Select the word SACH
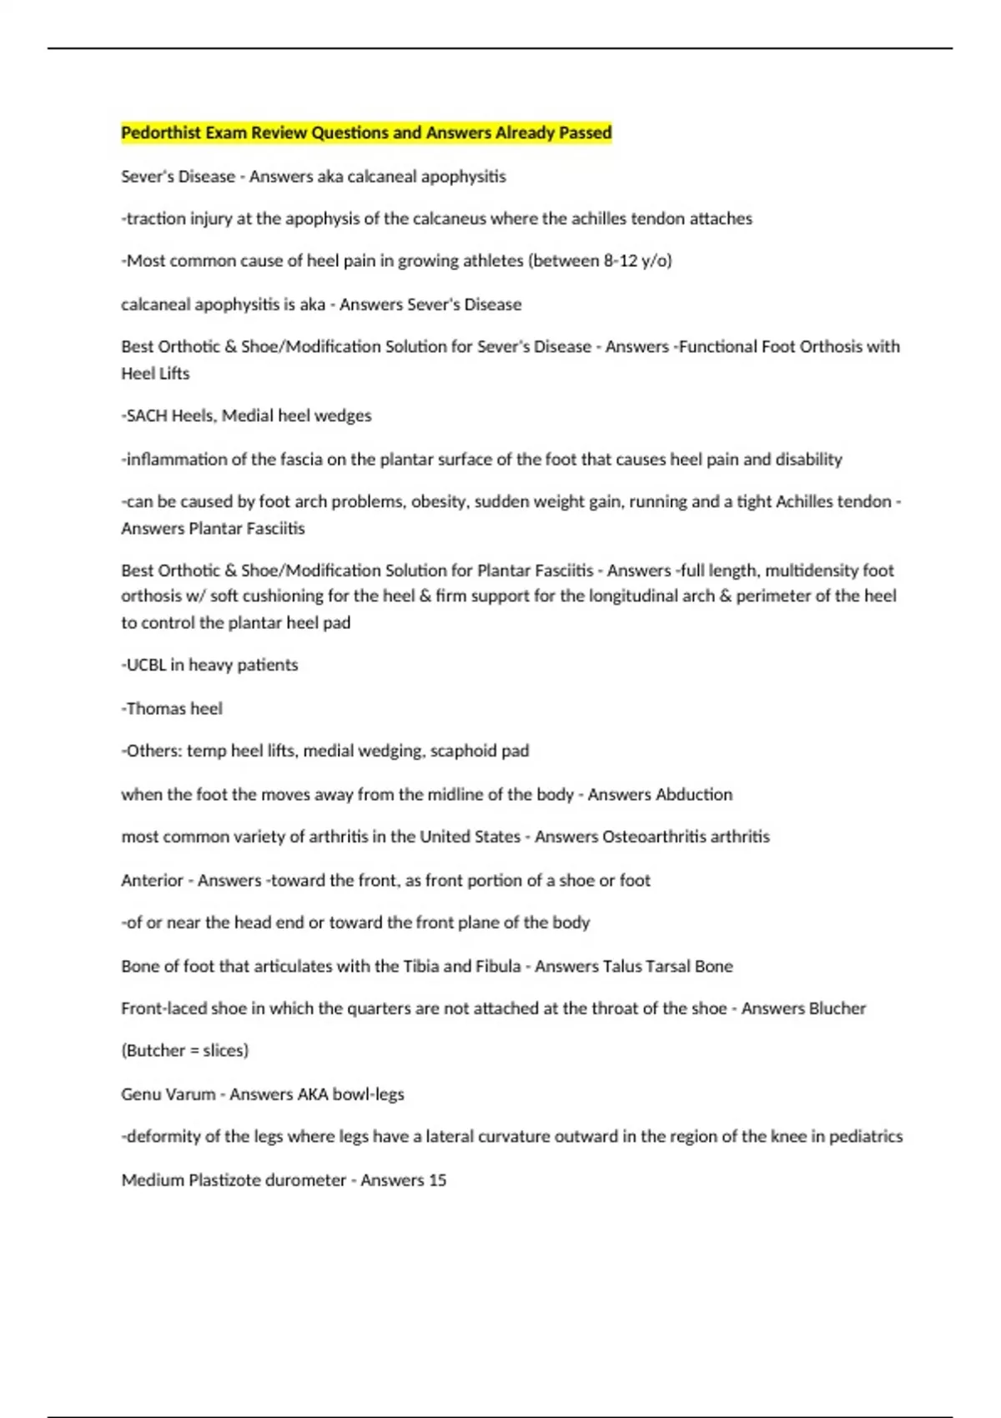(147, 415)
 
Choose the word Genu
(138, 1094)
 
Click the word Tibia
(421, 966)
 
